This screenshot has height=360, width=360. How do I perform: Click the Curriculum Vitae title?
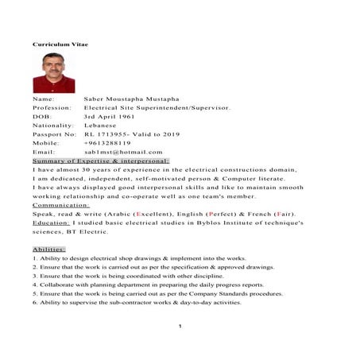[60, 44]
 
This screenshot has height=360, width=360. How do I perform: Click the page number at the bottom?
[180, 325]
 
